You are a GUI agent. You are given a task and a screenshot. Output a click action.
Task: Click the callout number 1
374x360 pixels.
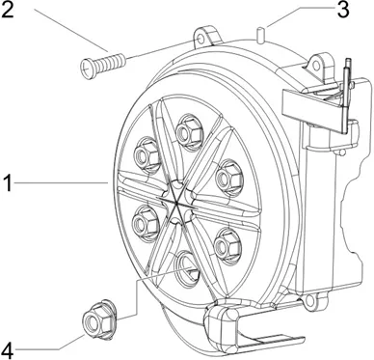tap(7, 183)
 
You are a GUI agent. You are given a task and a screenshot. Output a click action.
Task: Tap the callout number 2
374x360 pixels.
tap(7, 11)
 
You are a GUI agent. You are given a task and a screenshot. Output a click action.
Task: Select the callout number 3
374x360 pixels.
tap(342, 10)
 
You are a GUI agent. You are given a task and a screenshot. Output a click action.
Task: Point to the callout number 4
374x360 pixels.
tap(6, 350)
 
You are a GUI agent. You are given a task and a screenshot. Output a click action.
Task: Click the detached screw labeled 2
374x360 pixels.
tap(102, 63)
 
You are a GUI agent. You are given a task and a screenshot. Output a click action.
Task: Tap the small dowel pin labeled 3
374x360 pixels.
tap(260, 34)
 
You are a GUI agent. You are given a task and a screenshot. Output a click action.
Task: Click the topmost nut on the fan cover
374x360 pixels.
tap(187, 131)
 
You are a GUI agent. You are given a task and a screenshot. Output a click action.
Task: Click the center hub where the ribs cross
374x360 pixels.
tap(177, 203)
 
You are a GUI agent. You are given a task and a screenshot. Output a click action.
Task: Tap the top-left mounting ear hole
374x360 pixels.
tap(200, 40)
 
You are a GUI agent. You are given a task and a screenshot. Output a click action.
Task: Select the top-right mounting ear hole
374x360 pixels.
tap(317, 66)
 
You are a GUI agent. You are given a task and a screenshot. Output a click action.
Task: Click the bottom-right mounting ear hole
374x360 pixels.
tap(310, 301)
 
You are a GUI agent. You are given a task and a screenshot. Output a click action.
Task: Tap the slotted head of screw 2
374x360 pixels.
tap(86, 68)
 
